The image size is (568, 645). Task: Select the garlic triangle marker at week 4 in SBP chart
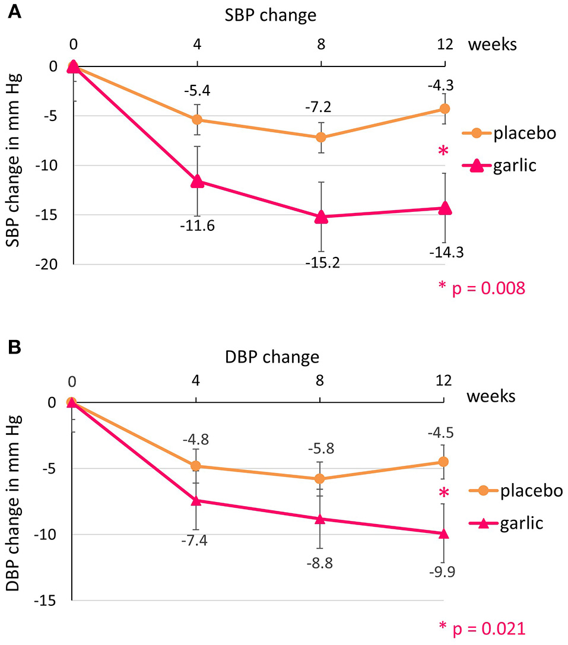pos(198,182)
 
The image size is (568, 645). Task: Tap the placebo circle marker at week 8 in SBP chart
pos(321,137)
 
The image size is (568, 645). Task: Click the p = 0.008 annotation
pos(483,288)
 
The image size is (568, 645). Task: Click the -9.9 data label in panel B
pos(444,572)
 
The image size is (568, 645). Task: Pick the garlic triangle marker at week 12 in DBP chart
pos(444,533)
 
